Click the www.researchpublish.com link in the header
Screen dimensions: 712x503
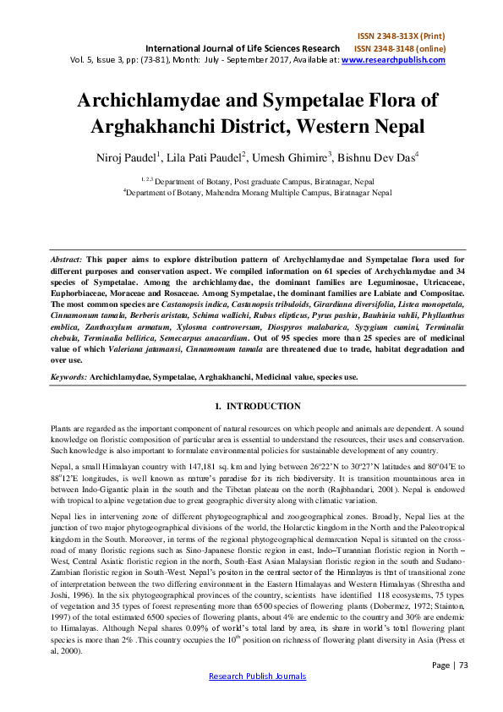coord(408,60)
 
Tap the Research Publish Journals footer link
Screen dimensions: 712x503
coord(257,699)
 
